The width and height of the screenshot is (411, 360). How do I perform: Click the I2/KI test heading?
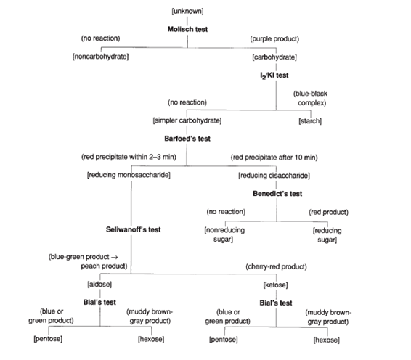click(275, 74)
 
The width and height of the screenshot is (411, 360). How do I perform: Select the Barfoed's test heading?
click(187, 138)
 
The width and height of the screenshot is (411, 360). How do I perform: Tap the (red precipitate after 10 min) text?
click(277, 157)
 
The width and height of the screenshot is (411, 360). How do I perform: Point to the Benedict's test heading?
click(276, 194)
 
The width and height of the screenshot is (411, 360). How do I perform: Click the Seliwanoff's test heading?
click(133, 229)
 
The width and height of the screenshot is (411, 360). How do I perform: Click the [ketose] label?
click(275, 285)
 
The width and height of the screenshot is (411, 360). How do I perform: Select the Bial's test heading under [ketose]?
click(275, 302)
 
